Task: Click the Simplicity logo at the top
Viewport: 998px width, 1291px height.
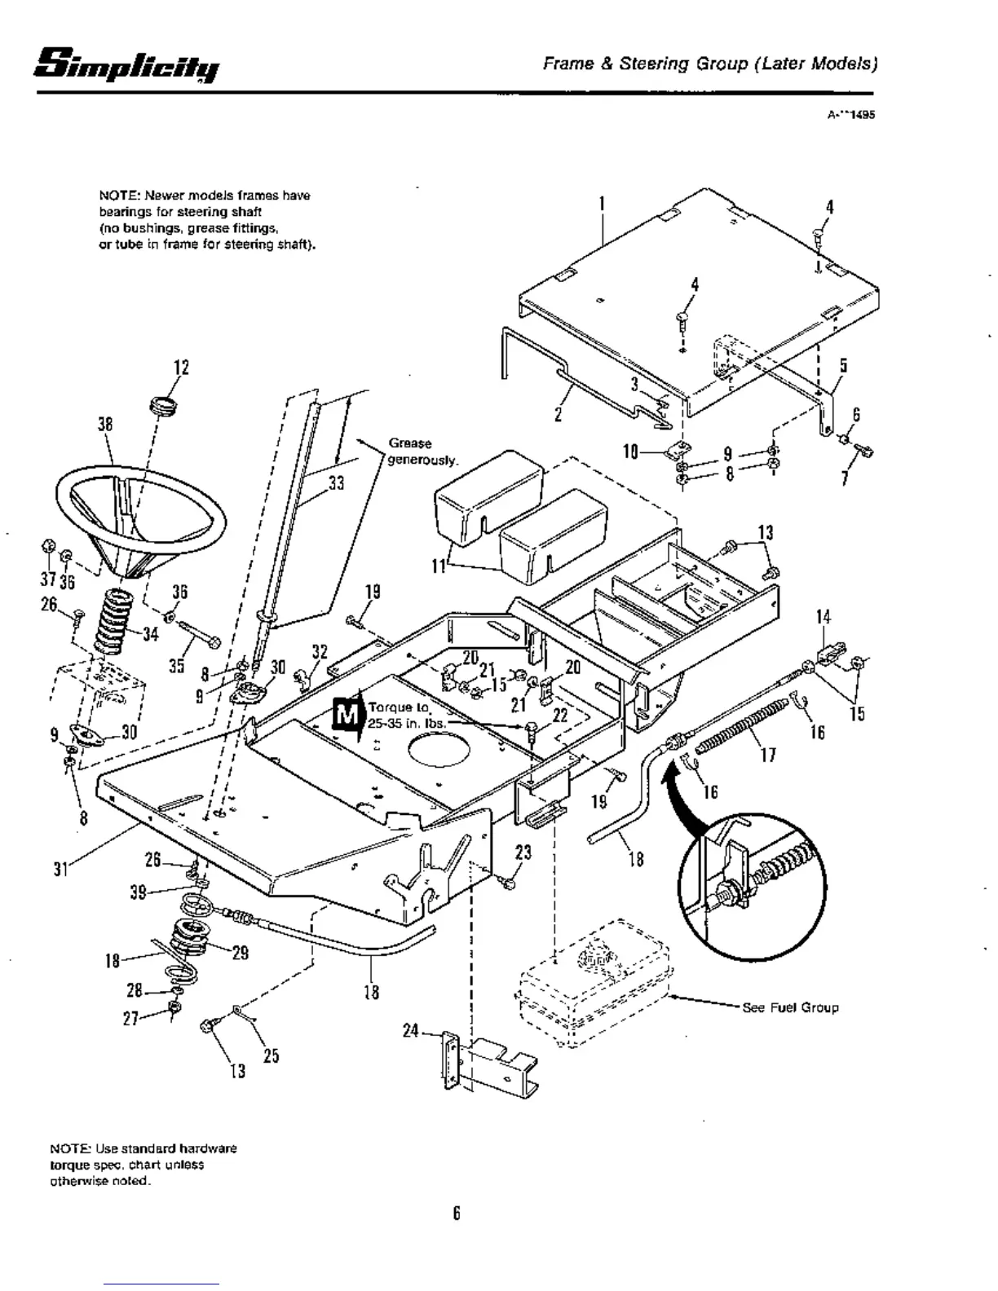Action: coord(127,64)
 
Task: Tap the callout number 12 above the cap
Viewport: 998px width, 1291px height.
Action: coord(181,368)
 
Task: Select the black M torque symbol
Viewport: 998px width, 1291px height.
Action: coord(347,715)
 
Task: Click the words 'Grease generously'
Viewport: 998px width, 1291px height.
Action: coord(420,452)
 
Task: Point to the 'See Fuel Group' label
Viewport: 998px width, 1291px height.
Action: coord(790,1007)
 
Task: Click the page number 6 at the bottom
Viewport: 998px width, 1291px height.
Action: coord(457,1214)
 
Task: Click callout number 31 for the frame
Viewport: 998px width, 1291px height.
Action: coord(60,870)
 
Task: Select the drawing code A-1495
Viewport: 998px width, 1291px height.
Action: coord(850,116)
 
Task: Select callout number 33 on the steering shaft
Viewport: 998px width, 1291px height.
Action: coord(336,483)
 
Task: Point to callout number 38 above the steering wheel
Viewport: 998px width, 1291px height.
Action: coord(104,425)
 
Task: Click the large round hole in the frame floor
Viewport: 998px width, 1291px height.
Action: coord(439,747)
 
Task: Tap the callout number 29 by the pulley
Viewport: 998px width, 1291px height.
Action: coord(240,953)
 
